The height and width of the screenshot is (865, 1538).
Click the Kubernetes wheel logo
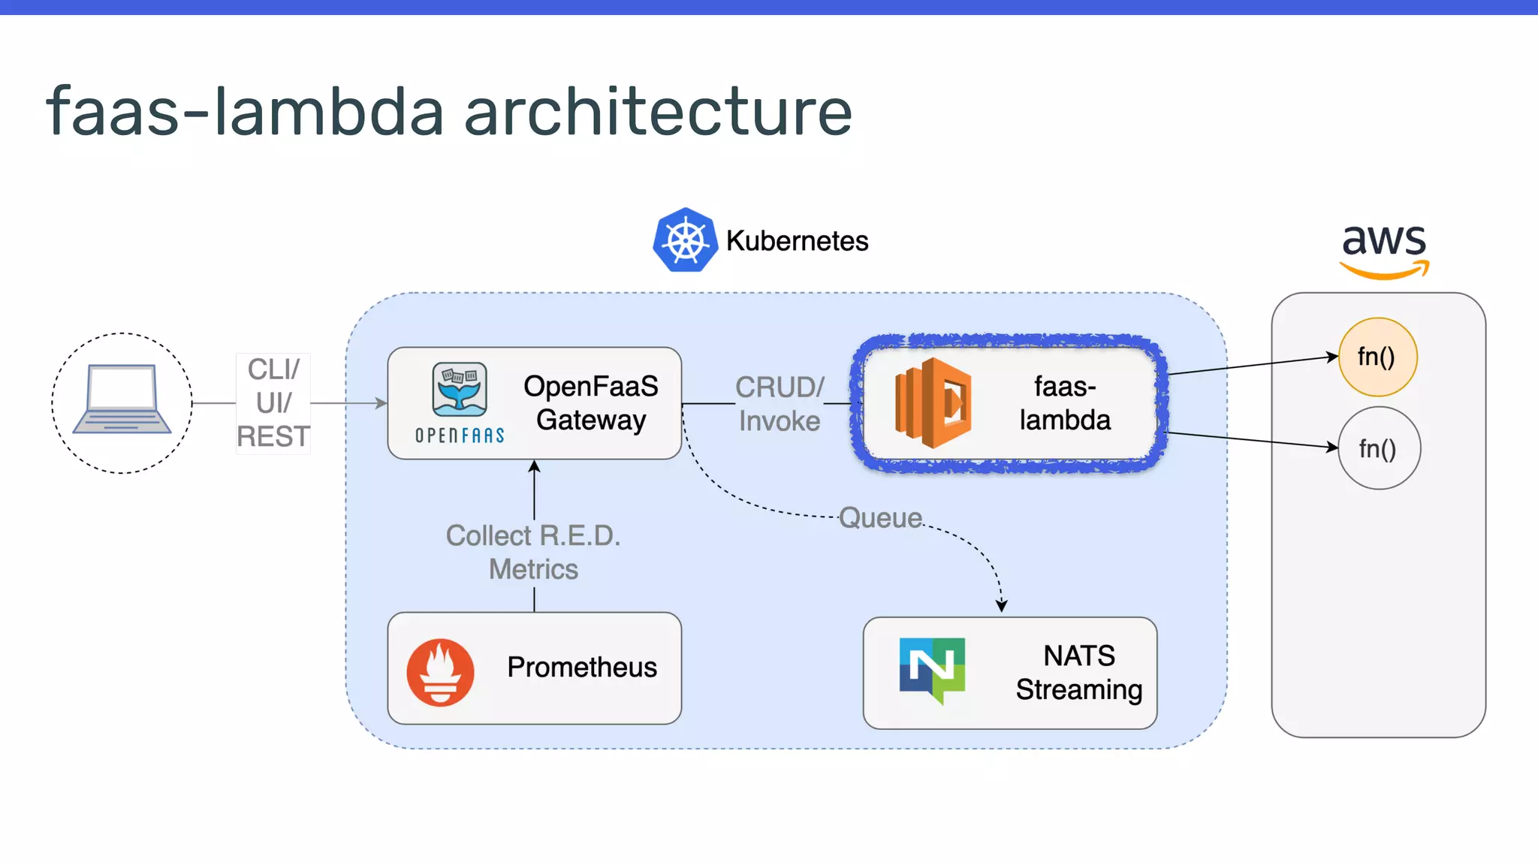[x=685, y=240]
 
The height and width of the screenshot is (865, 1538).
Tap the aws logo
[x=1383, y=250]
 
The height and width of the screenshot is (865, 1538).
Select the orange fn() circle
[x=1377, y=357]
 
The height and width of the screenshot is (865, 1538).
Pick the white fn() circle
[x=1379, y=448]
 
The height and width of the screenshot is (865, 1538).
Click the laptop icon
[x=122, y=400]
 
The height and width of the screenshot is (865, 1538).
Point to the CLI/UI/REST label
[x=273, y=403]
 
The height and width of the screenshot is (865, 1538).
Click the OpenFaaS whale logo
[x=460, y=390]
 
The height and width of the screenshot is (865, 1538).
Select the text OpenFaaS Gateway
[x=591, y=403]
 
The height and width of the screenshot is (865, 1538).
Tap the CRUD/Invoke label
[x=780, y=404]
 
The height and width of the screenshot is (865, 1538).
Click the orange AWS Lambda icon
[x=933, y=403]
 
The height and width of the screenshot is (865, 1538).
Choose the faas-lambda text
[x=1065, y=403]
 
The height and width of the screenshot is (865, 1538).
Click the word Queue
[x=880, y=518]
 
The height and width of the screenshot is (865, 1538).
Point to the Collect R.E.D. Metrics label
[x=533, y=553]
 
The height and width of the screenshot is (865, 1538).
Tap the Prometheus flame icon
[x=440, y=671]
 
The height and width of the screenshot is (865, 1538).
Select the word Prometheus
[x=582, y=668]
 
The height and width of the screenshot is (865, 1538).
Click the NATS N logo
[x=932, y=668]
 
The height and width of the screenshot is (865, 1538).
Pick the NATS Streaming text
[x=1078, y=673]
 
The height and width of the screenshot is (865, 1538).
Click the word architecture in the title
[x=658, y=112]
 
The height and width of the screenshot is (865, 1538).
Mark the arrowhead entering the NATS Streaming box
[x=1001, y=605]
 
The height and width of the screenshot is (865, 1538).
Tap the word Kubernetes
[x=797, y=241]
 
